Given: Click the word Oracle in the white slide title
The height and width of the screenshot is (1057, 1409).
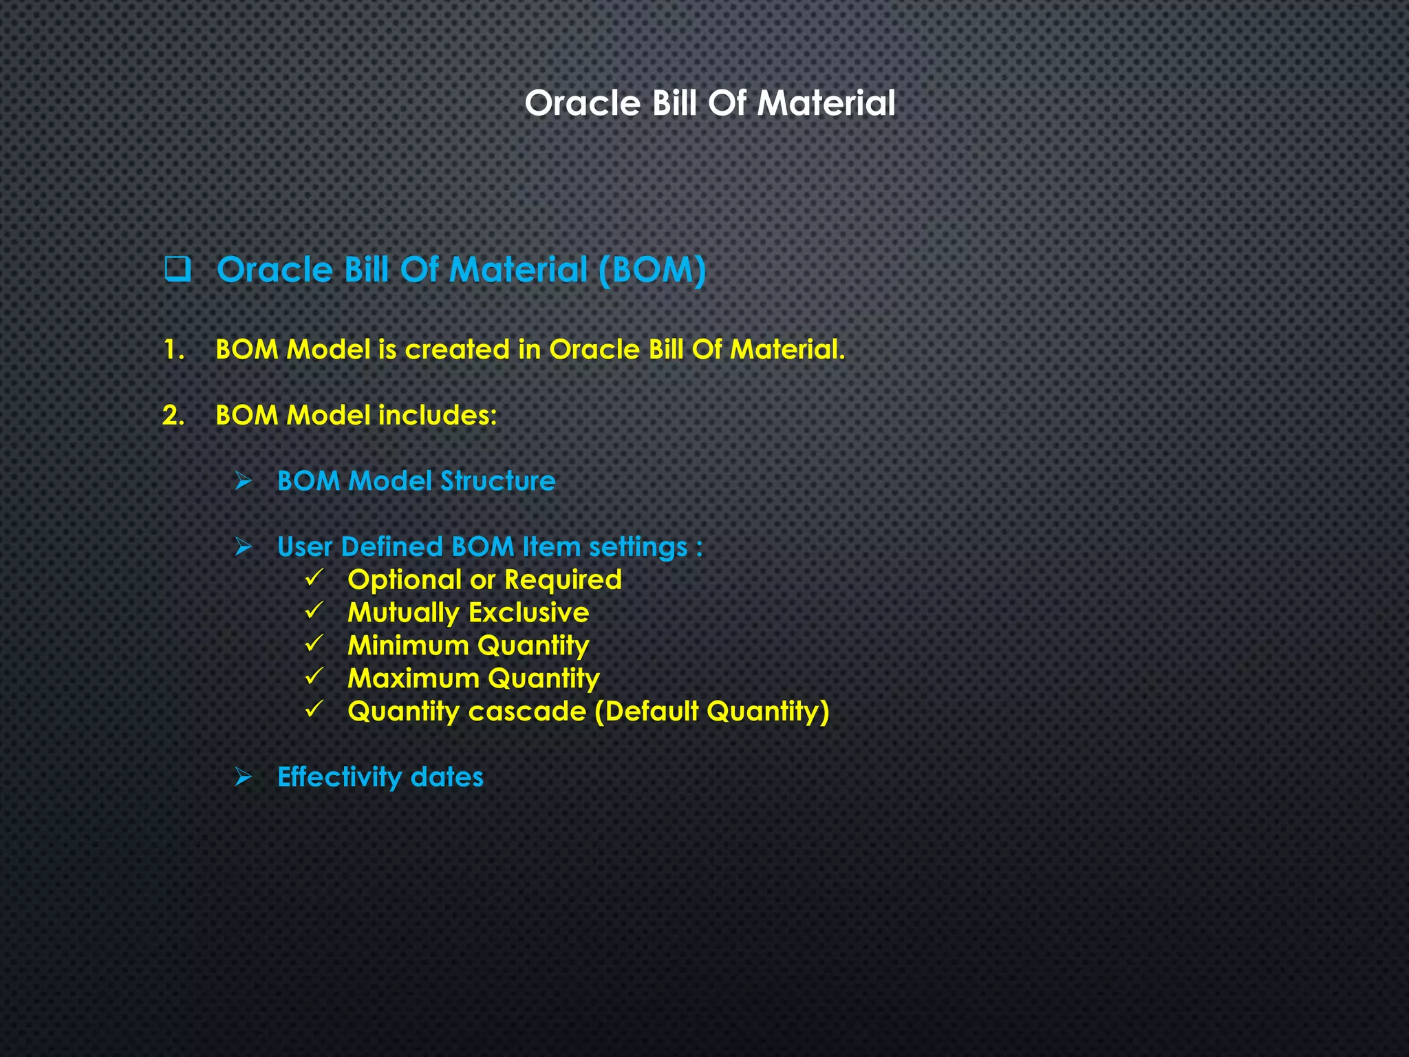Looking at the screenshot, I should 582,103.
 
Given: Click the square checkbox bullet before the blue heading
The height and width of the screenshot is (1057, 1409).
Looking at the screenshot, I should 178,269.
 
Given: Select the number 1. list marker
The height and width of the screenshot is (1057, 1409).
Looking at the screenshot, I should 174,350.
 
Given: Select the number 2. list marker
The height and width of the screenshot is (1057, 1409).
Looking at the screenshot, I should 173,415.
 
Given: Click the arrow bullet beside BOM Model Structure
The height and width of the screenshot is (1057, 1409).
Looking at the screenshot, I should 244,481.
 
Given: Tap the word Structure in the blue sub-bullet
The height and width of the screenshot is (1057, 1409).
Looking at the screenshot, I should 497,481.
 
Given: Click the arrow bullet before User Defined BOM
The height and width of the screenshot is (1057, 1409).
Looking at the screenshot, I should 244,547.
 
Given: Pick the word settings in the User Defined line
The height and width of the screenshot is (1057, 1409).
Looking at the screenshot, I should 638,547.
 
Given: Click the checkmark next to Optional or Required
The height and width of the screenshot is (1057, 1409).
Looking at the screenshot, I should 314,577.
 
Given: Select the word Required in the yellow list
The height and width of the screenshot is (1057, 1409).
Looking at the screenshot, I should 563,579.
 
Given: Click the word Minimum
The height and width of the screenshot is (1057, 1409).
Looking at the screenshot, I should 408,645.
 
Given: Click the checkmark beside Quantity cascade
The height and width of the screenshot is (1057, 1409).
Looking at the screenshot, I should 314,709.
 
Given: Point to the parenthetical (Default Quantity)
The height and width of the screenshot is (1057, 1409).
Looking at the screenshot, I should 712,711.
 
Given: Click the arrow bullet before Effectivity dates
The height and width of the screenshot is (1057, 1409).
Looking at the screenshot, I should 244,777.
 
